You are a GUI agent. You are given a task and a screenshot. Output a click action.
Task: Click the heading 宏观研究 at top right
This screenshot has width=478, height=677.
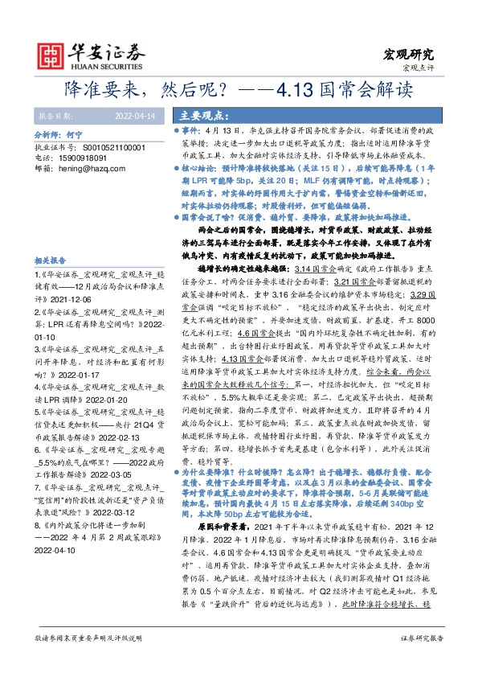click(411, 55)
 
